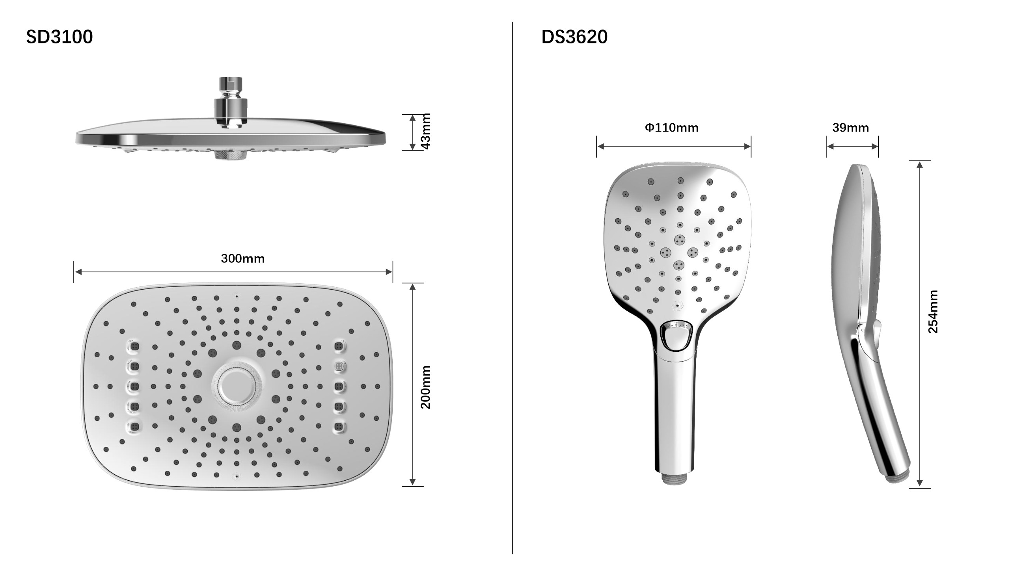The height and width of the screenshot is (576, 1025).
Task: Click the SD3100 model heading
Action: [x=59, y=37]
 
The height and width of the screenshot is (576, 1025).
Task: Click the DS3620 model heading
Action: [x=574, y=37]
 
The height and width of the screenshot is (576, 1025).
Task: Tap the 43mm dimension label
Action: [x=425, y=131]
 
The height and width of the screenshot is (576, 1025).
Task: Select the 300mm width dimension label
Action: [x=243, y=258]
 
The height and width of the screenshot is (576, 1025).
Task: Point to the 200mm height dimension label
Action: [x=425, y=387]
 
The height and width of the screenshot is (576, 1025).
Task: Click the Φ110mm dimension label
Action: [x=672, y=128]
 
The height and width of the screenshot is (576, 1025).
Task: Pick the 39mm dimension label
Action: [x=850, y=128]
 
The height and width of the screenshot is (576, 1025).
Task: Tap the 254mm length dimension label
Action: [x=933, y=312]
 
